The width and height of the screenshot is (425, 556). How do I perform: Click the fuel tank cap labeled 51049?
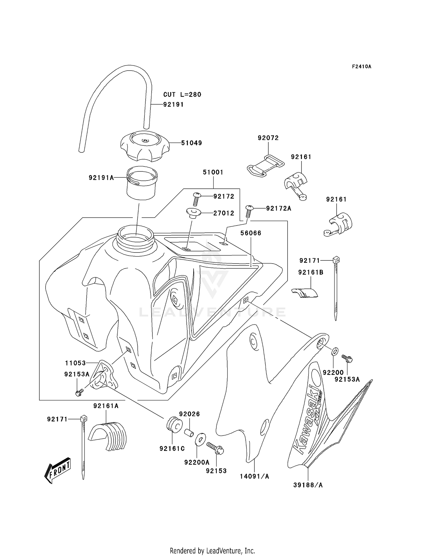(x=145, y=146)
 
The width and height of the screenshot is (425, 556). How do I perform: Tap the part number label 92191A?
(x=101, y=178)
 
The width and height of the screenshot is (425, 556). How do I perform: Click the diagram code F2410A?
(x=362, y=67)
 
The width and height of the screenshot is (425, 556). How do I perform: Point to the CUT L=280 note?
(x=182, y=94)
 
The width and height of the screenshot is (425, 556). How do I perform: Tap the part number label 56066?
(x=251, y=233)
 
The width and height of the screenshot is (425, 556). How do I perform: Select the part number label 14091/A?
(x=254, y=476)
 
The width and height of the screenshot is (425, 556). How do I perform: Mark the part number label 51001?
(x=213, y=172)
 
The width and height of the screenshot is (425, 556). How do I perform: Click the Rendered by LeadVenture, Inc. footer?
(x=212, y=551)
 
